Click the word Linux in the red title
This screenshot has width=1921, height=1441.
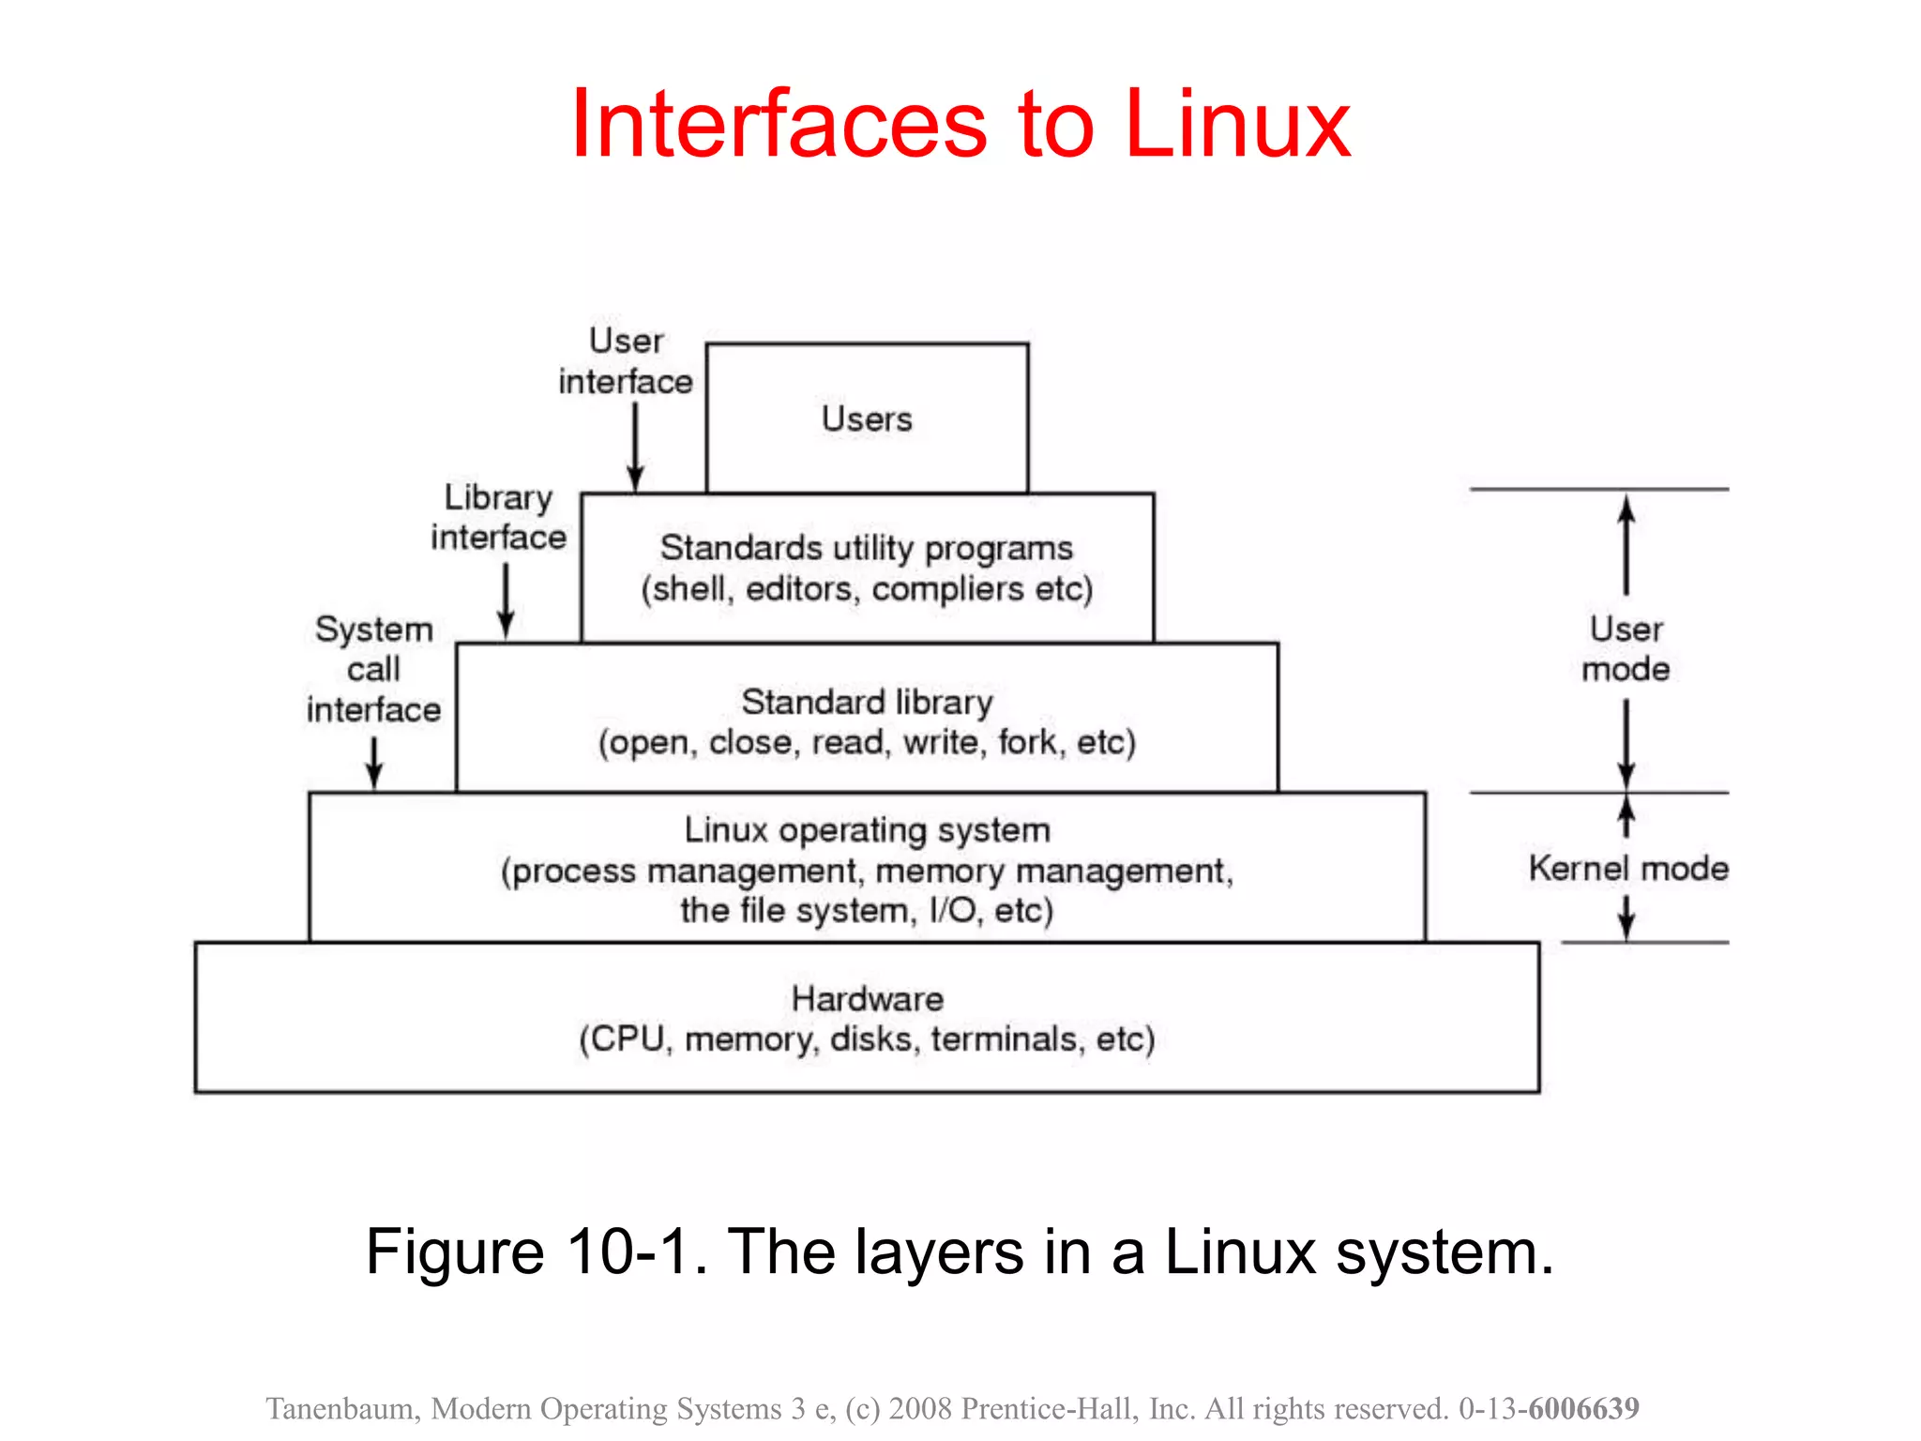tap(1236, 124)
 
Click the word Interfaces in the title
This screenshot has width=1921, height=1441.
tap(779, 124)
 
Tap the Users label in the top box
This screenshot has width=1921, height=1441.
tap(867, 418)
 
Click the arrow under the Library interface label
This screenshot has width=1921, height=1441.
tap(506, 600)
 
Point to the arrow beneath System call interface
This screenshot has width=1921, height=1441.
tap(374, 762)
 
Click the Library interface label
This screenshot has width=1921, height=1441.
tap(499, 517)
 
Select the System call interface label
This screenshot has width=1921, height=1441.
tap(373, 669)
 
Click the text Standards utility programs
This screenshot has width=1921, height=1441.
tap(866, 548)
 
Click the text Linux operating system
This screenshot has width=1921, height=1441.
tap(867, 830)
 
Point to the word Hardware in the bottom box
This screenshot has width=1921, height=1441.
tap(867, 998)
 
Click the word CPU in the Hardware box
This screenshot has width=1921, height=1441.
tap(627, 1039)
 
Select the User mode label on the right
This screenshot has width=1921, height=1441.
tap(1626, 648)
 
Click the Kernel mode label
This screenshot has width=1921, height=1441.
tap(1628, 868)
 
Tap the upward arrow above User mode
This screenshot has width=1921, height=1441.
tap(1626, 544)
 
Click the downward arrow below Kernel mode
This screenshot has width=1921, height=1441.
tap(1626, 917)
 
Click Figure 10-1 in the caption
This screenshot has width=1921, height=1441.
tap(536, 1251)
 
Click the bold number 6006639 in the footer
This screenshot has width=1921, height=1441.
tap(1583, 1408)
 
